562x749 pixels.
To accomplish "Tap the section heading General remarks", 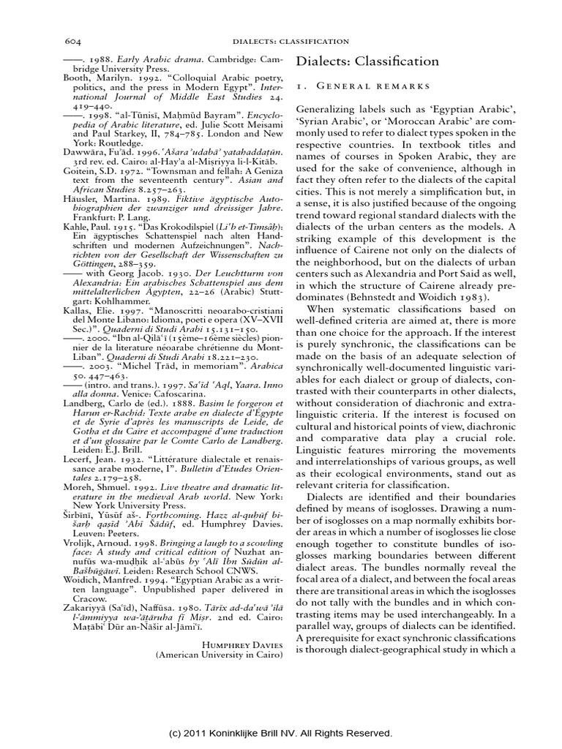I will [x=372, y=87].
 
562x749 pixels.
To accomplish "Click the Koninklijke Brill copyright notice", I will [x=280, y=733].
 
